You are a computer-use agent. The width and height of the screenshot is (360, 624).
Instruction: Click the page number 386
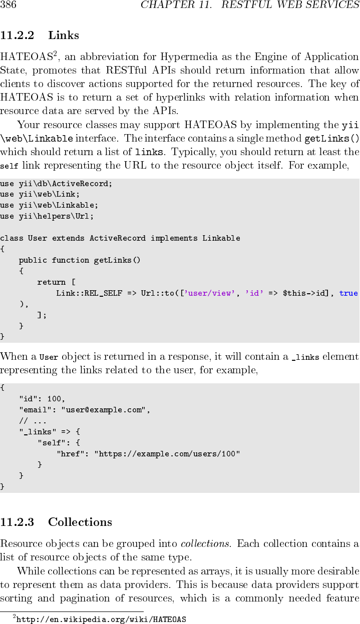click(9, 6)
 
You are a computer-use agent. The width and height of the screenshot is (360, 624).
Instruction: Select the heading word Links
click(64, 36)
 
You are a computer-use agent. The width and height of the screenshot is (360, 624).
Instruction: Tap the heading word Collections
click(80, 522)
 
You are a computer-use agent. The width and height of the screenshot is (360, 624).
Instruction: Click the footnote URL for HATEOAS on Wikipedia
click(102, 619)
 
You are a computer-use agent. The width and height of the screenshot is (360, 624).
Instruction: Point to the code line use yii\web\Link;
click(40, 194)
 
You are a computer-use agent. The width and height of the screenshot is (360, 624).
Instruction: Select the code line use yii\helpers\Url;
click(47, 216)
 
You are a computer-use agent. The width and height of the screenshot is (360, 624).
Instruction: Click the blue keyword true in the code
click(348, 293)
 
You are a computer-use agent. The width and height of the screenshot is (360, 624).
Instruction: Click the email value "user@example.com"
click(105, 410)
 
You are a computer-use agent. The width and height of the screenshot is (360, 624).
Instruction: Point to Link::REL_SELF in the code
click(89, 293)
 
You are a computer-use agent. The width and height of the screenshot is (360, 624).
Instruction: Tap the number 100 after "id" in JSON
click(56, 399)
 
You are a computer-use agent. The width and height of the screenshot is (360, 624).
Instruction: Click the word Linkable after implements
click(221, 238)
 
